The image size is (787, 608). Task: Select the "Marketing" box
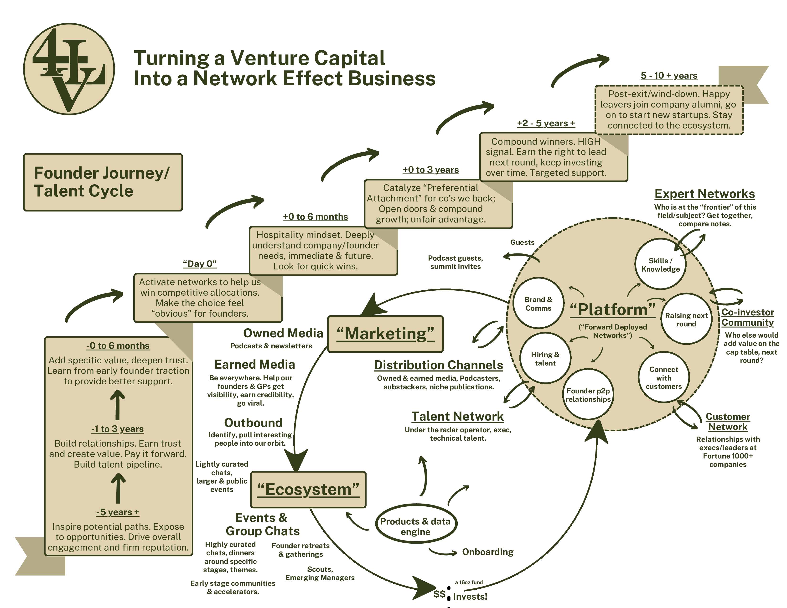[x=385, y=334]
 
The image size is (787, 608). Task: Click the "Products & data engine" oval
[x=415, y=526]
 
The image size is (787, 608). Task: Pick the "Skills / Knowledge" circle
[x=660, y=265]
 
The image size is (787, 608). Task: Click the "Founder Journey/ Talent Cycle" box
[x=103, y=182]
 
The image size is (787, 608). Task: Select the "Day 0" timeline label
[x=200, y=264]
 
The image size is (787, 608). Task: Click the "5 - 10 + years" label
[x=669, y=76]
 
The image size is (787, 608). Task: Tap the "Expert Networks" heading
[x=704, y=194]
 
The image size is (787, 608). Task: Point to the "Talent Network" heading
[x=457, y=416]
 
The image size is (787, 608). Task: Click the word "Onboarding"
[x=487, y=552]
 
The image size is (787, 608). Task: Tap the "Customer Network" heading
[x=728, y=422]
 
